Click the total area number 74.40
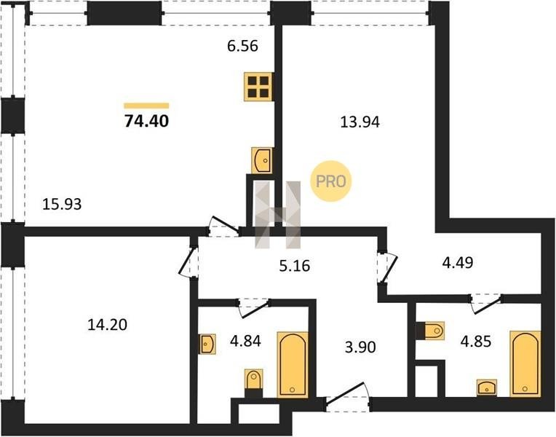pyautogui.click(x=146, y=121)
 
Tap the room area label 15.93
pyautogui.click(x=62, y=204)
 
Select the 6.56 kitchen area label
pyautogui.click(x=242, y=46)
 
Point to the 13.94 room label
pyautogui.click(x=360, y=122)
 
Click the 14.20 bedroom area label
pyautogui.click(x=107, y=325)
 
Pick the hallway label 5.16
pyautogui.click(x=295, y=266)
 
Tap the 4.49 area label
pyautogui.click(x=458, y=263)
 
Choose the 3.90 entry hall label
pyautogui.click(x=360, y=347)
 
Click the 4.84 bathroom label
pyautogui.click(x=245, y=341)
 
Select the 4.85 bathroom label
pyautogui.click(x=476, y=341)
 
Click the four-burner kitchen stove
pyautogui.click(x=258, y=87)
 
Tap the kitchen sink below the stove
pyautogui.click(x=262, y=160)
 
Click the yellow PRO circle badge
pyautogui.click(x=331, y=181)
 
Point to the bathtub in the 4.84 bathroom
pyautogui.click(x=293, y=365)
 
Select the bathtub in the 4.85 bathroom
pyautogui.click(x=525, y=364)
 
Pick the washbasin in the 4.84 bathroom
pyautogui.click(x=207, y=344)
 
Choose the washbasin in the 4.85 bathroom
pyautogui.click(x=487, y=387)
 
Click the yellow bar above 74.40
pyautogui.click(x=146, y=106)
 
